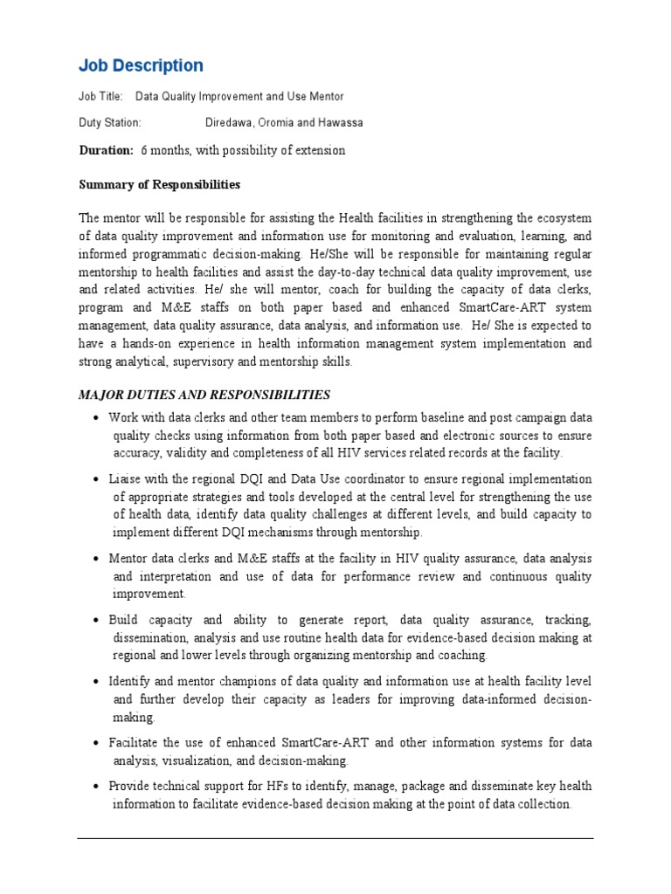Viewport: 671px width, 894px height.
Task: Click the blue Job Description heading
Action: pos(141,66)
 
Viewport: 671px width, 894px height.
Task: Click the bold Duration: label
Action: pos(106,150)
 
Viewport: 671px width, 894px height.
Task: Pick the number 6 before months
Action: pos(144,150)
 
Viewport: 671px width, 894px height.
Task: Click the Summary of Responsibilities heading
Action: pos(159,185)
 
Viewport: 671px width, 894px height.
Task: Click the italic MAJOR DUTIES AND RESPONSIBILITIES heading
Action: pos(205,395)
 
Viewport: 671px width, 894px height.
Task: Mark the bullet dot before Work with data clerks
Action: pos(95,418)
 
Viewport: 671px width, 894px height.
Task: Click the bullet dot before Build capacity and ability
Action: pos(95,621)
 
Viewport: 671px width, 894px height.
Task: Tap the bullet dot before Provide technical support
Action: pos(95,787)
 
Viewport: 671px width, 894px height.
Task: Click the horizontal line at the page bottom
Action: pos(335,838)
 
